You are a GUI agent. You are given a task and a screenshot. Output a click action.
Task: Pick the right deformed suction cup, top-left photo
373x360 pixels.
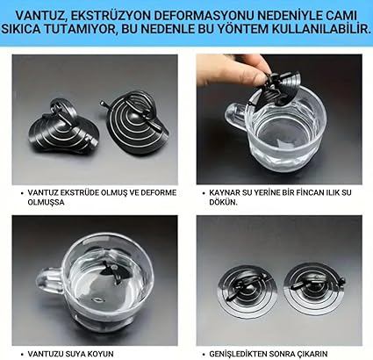pos(135,124)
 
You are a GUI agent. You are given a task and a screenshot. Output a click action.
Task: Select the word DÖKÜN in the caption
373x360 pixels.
pos(223,202)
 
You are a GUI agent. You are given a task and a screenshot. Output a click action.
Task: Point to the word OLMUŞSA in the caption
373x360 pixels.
pos(46,202)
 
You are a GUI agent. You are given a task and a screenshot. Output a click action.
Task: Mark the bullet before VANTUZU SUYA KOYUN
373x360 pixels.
pos(22,354)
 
